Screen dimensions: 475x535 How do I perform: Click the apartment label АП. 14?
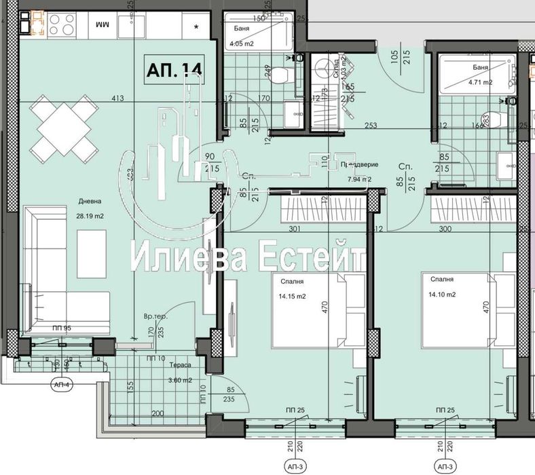174,70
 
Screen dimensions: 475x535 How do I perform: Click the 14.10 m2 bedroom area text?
439,294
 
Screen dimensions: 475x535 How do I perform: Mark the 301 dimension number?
294,229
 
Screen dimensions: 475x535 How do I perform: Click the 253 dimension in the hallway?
370,125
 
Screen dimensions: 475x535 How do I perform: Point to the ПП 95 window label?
62,328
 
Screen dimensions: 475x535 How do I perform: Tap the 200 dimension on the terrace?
158,413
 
